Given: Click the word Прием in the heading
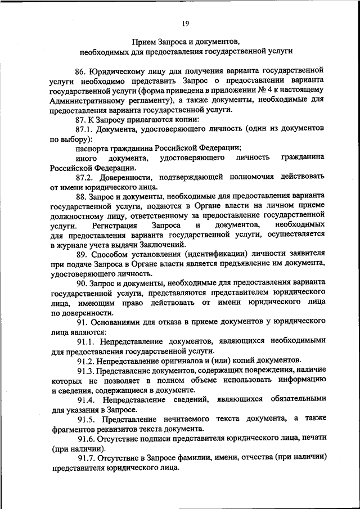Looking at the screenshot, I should tap(145, 41).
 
